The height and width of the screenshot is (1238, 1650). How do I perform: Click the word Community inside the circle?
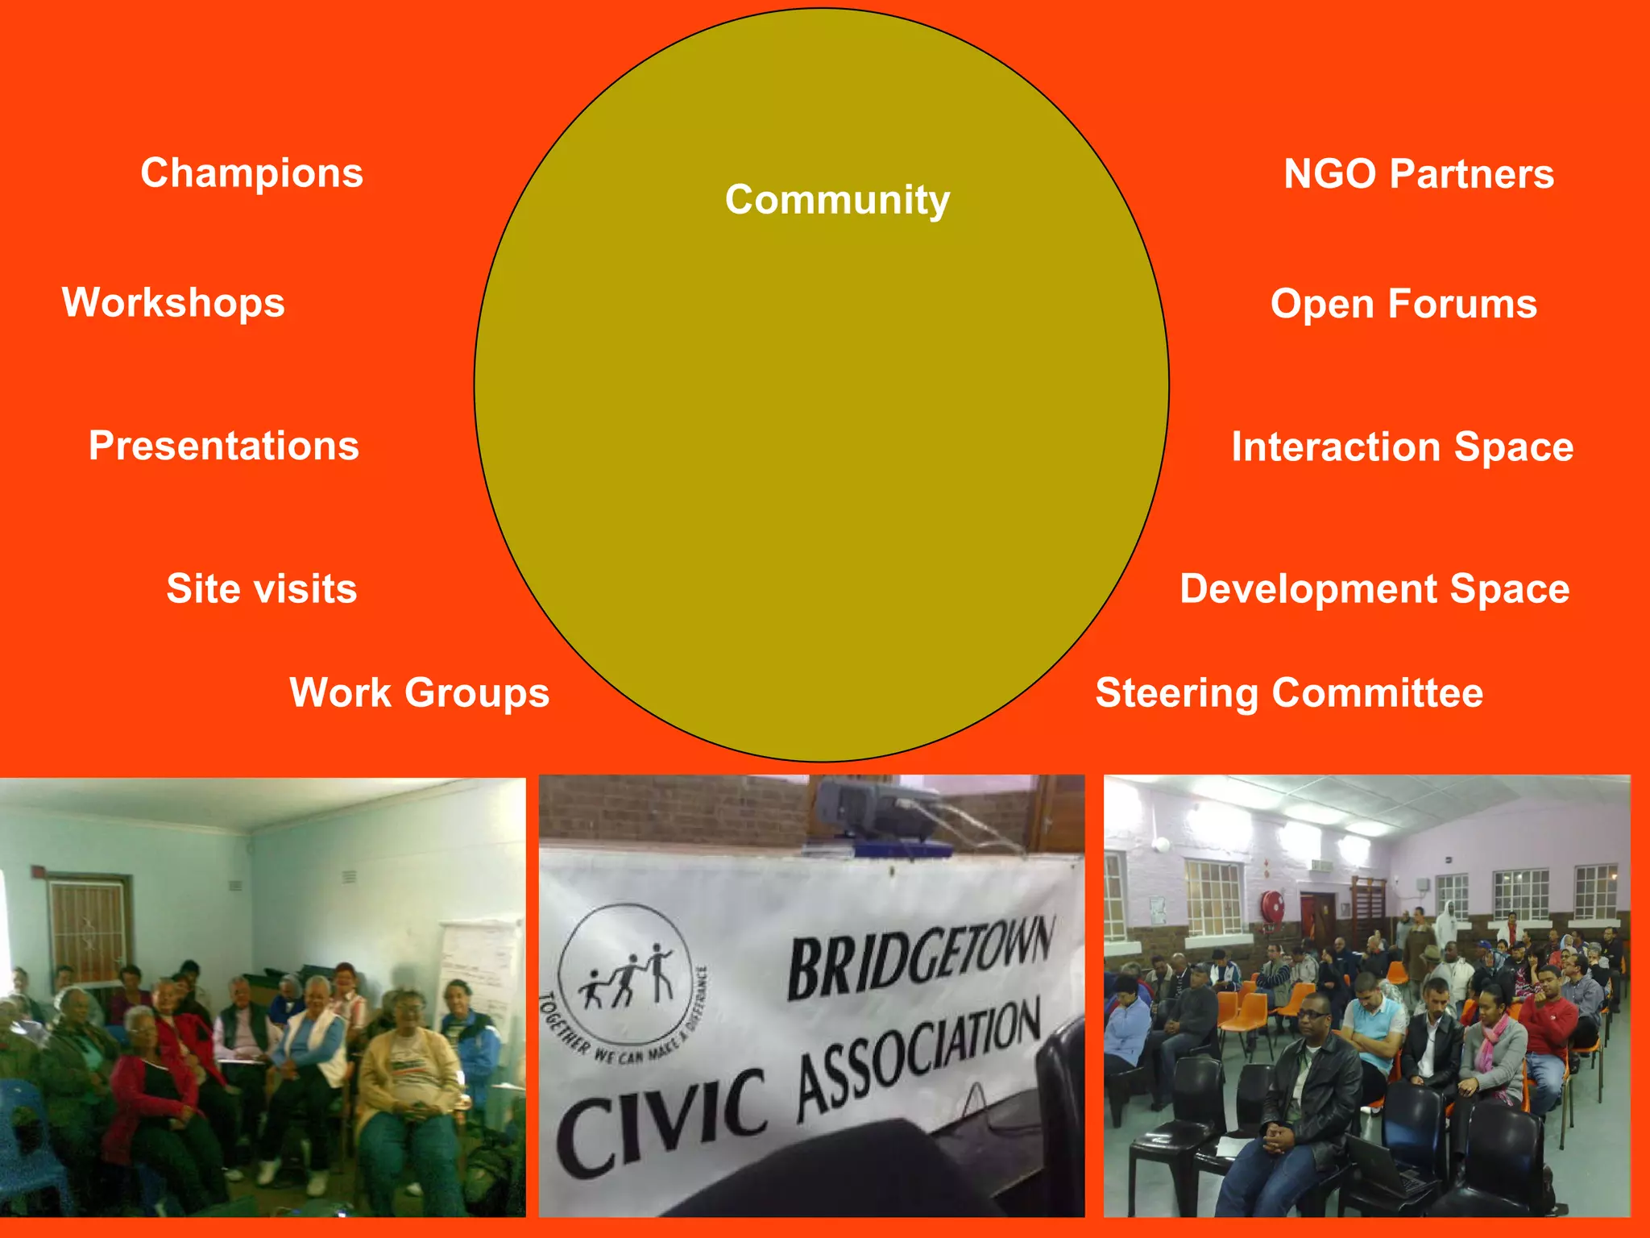point(837,199)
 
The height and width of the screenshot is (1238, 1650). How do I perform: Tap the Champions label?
point(251,173)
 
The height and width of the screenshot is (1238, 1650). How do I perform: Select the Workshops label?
point(173,303)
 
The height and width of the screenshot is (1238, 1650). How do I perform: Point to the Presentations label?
point(224,446)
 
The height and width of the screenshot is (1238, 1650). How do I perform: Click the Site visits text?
point(262,588)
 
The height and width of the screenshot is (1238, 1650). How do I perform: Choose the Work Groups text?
point(419,693)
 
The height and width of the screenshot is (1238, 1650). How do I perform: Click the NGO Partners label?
point(1418,174)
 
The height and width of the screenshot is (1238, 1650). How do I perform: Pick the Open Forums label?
point(1403,304)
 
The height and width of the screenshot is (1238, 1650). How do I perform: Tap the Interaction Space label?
point(1402,447)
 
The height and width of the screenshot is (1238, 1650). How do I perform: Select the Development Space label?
point(1374,589)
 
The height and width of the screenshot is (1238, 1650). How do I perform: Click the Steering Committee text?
point(1289,693)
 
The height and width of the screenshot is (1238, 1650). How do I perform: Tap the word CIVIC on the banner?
point(661,1120)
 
